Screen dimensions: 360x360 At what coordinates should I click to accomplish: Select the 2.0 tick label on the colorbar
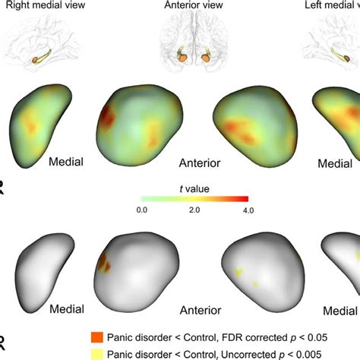tap(194, 210)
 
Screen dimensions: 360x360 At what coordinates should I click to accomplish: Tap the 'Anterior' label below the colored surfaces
tap(200, 163)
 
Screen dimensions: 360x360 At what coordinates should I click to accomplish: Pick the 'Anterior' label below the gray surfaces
tap(200, 311)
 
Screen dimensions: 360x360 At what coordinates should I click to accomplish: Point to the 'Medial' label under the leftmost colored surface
tap(66, 161)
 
